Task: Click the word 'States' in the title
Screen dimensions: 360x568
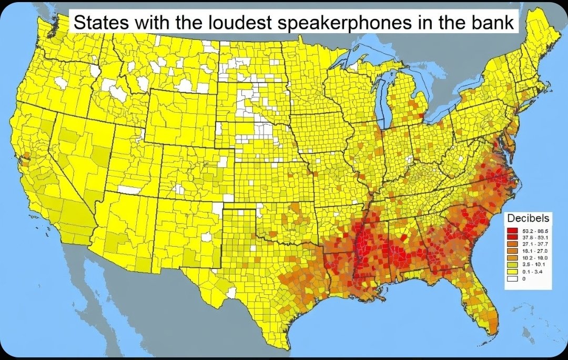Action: pos(99,23)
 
